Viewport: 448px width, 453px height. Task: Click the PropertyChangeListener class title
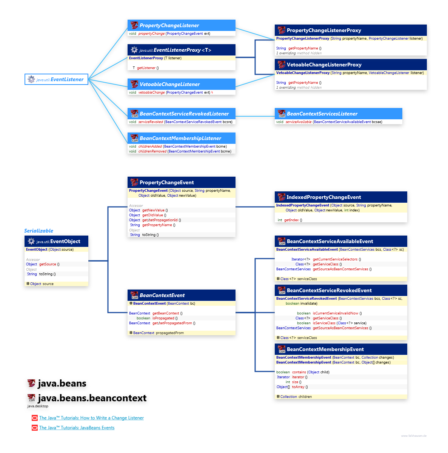point(169,25)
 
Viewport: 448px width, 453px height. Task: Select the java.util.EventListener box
point(56,79)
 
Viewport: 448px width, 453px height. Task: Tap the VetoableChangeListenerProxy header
point(324,65)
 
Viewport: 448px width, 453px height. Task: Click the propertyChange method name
point(151,34)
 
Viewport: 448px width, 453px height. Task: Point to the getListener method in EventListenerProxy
point(146,68)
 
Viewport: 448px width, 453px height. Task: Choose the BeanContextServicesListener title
point(322,114)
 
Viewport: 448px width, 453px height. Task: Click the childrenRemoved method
point(152,151)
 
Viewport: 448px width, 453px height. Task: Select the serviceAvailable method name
point(299,122)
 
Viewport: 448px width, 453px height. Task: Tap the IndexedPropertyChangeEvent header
point(323,197)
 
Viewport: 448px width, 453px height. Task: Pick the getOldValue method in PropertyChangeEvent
point(153,215)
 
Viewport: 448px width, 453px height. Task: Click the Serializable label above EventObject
point(38,231)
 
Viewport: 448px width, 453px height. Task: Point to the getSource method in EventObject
point(48,264)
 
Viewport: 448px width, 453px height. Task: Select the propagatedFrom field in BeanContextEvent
point(169,333)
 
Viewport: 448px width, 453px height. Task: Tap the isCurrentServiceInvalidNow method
point(335,313)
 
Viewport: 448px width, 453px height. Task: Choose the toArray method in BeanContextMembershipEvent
point(298,387)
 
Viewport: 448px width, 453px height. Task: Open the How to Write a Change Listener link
point(91,418)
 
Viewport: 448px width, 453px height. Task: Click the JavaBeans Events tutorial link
point(77,428)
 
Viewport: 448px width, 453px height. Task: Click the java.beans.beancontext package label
point(92,398)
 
